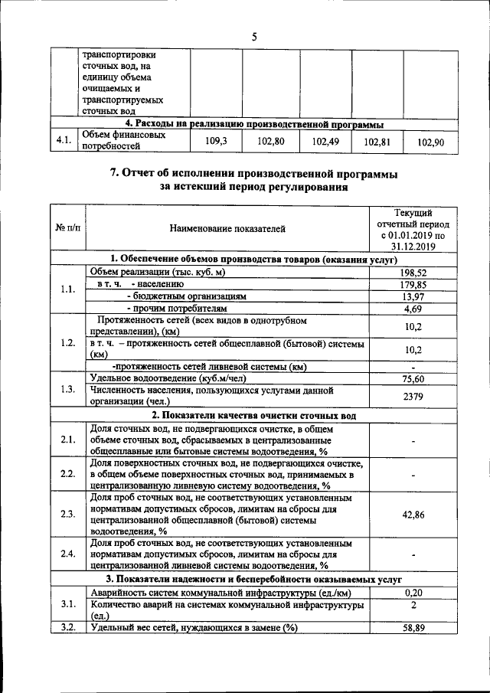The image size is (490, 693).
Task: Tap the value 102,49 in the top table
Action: pos(325,141)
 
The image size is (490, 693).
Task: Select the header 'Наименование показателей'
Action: pos(227,227)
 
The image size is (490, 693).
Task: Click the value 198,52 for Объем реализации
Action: pos(413,272)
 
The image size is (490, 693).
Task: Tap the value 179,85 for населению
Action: pos(413,284)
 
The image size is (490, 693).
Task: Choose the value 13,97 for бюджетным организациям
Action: pos(413,296)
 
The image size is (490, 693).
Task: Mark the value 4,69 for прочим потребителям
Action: pos(413,309)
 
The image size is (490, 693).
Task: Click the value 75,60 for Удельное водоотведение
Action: pos(413,378)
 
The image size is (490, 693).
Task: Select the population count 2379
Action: pos(413,396)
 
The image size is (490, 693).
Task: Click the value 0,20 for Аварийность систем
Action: pos(413,592)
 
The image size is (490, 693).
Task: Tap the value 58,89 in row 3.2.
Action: pos(413,628)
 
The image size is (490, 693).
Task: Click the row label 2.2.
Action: pos(67,474)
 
